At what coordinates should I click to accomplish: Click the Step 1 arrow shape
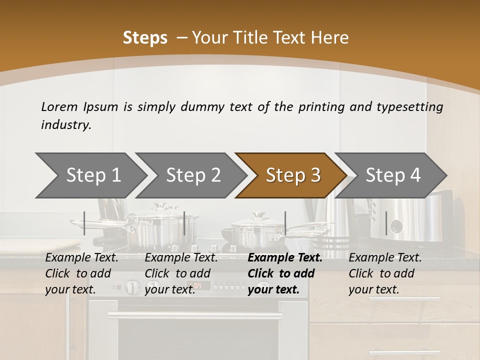point(90,175)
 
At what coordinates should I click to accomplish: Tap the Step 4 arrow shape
point(392,175)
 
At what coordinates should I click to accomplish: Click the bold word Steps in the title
point(145,37)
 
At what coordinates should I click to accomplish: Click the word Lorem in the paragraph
point(59,106)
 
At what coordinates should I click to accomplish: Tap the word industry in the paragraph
point(65,125)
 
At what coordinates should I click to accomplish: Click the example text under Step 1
point(81,273)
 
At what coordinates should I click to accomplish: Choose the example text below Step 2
point(181,273)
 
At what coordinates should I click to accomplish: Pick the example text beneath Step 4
point(385,273)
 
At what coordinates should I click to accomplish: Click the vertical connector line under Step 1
point(84,223)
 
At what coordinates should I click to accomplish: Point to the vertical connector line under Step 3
point(285,223)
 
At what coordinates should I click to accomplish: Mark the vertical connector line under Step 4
point(386,223)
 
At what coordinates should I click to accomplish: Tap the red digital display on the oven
point(198,286)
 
